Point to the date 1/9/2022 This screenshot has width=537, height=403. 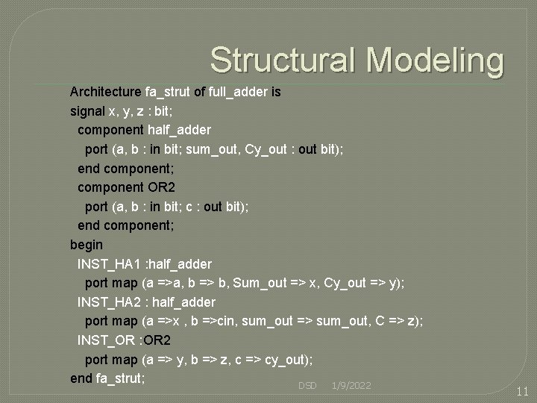click(351, 385)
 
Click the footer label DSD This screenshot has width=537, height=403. click(307, 385)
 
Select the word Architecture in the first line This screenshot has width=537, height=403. click(105, 92)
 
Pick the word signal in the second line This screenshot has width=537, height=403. click(87, 111)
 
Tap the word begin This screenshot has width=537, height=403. click(87, 244)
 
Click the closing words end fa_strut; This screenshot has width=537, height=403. click(107, 378)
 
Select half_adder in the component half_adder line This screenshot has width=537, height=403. click(175, 130)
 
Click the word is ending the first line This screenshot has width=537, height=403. click(276, 92)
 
